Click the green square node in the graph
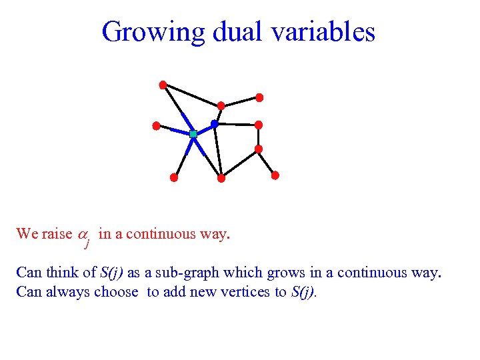tap(193, 134)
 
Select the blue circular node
tap(215, 123)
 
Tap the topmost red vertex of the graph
tap(163, 85)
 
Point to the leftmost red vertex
tap(156, 125)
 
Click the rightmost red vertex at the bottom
tap(275, 175)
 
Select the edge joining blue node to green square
tap(204, 129)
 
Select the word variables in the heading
tap(320, 32)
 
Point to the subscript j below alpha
tap(87, 244)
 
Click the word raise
tap(57, 234)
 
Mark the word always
tap(69, 292)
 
